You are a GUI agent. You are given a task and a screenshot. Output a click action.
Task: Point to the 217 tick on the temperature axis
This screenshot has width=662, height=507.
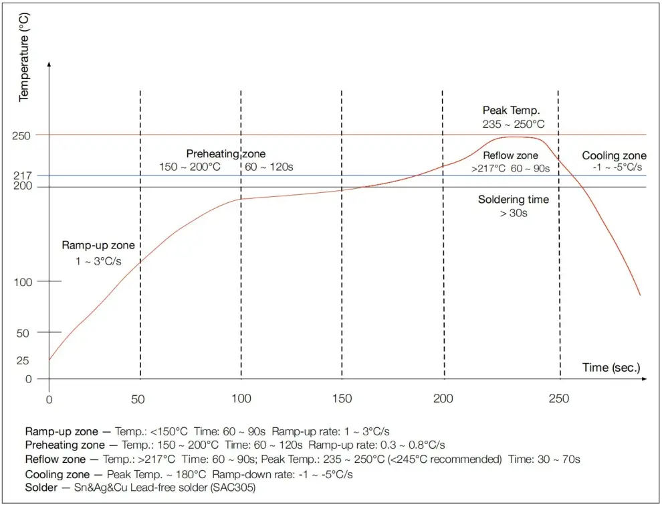coord(23,175)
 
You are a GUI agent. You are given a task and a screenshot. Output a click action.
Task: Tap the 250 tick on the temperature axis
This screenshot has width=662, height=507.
coord(22,135)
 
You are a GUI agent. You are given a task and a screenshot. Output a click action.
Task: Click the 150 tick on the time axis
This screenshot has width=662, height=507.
coord(342,399)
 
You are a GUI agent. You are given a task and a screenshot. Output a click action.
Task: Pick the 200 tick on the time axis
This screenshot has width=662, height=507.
coord(444,399)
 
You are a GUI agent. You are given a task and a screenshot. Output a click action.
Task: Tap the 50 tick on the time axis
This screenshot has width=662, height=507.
coord(138,399)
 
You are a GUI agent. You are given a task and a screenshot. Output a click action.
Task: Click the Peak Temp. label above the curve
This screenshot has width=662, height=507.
coord(511,110)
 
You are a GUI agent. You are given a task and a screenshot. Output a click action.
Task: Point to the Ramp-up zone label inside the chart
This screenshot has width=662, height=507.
coord(98,245)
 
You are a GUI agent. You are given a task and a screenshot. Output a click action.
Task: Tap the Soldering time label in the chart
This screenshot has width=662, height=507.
coord(513,199)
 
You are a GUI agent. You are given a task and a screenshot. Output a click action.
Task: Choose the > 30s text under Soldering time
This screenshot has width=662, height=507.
coord(513,214)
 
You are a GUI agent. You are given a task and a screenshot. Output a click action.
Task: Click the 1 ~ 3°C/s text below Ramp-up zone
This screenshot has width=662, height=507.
coord(98,261)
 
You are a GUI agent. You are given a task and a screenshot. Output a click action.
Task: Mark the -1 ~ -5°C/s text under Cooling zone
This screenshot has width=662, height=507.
coord(617,167)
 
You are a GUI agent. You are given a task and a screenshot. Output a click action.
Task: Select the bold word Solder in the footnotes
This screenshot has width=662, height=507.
coord(41,488)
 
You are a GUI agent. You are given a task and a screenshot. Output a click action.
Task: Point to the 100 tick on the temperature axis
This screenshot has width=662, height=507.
coord(23,282)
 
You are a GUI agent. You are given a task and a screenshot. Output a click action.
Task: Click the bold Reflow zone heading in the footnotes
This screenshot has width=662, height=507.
coord(56,459)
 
